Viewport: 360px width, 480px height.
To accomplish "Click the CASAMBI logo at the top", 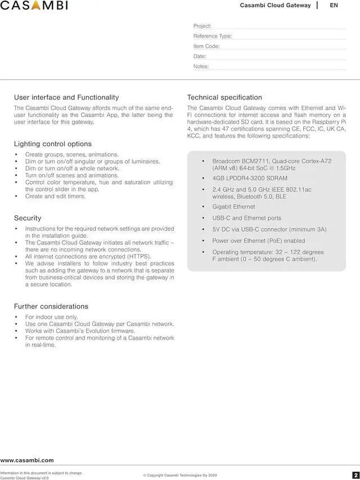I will (x=34, y=6).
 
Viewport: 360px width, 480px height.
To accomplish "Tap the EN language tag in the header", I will (x=334, y=5).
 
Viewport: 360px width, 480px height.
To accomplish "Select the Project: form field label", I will (x=202, y=26).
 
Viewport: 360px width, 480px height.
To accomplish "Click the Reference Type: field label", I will (x=213, y=36).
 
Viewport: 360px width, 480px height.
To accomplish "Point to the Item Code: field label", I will (x=206, y=46).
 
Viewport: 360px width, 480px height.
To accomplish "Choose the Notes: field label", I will (x=201, y=66).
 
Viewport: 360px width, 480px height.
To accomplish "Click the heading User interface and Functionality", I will (x=66, y=97).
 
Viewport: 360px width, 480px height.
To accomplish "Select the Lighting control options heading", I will (x=53, y=144).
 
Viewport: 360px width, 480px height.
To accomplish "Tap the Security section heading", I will (x=28, y=218).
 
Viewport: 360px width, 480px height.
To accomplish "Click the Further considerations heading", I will (x=51, y=306).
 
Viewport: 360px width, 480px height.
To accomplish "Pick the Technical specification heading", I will (x=224, y=97).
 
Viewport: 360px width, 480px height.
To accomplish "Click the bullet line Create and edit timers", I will (x=55, y=196).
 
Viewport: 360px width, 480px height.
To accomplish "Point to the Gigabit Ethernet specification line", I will (x=233, y=207).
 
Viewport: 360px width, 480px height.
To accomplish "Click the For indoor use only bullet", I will (x=51, y=317).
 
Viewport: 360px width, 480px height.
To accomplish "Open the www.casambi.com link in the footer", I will (x=27, y=460).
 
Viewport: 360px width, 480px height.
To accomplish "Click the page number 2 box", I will (x=355, y=475).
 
